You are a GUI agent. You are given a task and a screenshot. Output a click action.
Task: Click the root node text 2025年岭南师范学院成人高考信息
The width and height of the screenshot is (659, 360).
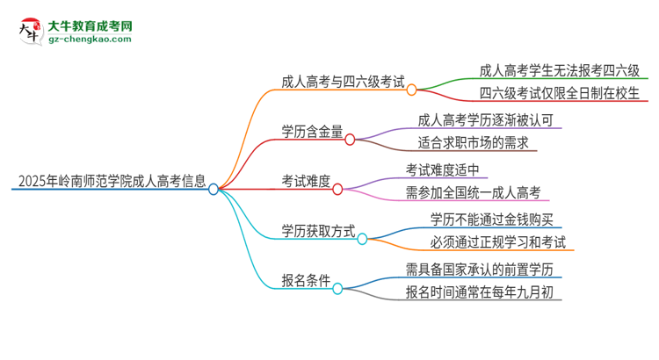pos(110,184)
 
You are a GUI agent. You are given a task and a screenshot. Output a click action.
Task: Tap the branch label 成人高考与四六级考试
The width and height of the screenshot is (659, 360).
pos(344,84)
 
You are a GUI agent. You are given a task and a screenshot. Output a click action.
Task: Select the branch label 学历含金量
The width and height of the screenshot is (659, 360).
pos(311,133)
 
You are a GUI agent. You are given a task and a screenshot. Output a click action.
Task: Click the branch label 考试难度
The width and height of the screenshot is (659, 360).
pos(306,182)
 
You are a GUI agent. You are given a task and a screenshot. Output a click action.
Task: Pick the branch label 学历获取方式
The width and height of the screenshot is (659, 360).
pos(318,231)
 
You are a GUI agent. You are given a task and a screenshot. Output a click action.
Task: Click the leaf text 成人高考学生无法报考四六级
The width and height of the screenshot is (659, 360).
pos(560,71)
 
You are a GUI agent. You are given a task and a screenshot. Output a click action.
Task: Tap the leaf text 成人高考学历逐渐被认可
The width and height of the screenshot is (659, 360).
pos(485,120)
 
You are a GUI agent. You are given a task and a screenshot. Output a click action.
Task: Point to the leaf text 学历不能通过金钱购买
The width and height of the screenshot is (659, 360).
pos(491,219)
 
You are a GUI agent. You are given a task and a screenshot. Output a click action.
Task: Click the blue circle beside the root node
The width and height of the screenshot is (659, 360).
pos(214,188)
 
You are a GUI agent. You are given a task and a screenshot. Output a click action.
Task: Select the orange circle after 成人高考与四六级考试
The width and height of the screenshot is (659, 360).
pos(411,89)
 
